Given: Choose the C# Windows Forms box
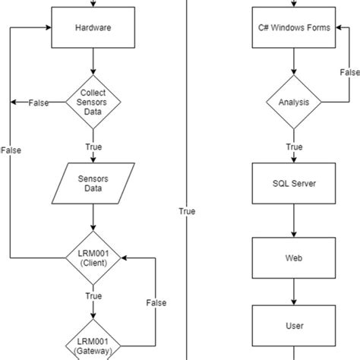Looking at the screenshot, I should [294, 28].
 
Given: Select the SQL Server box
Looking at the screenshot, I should [294, 184].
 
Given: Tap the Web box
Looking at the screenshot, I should [294, 258].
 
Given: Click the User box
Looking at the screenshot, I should [294, 326].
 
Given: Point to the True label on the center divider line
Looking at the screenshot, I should [187, 211].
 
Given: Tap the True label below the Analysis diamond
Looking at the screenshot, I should [294, 147].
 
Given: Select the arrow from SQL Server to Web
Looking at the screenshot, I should [294, 221].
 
